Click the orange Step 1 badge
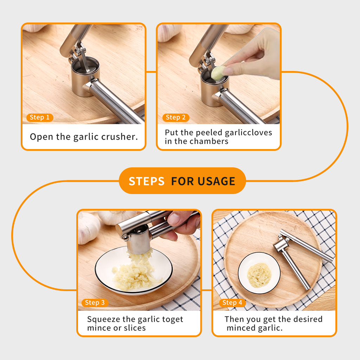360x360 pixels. coord(40,117)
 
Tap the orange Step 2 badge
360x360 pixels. coord(176,117)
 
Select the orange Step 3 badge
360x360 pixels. coord(95,303)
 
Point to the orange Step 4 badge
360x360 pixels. coord(233,303)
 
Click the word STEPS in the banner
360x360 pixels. coord(147,181)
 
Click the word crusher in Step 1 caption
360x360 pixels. coord(120,137)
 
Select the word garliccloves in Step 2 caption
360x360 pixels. coord(249,133)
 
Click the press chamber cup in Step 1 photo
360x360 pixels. coord(85,76)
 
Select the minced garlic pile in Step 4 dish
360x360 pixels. coord(259,275)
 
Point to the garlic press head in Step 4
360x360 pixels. coord(281,245)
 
